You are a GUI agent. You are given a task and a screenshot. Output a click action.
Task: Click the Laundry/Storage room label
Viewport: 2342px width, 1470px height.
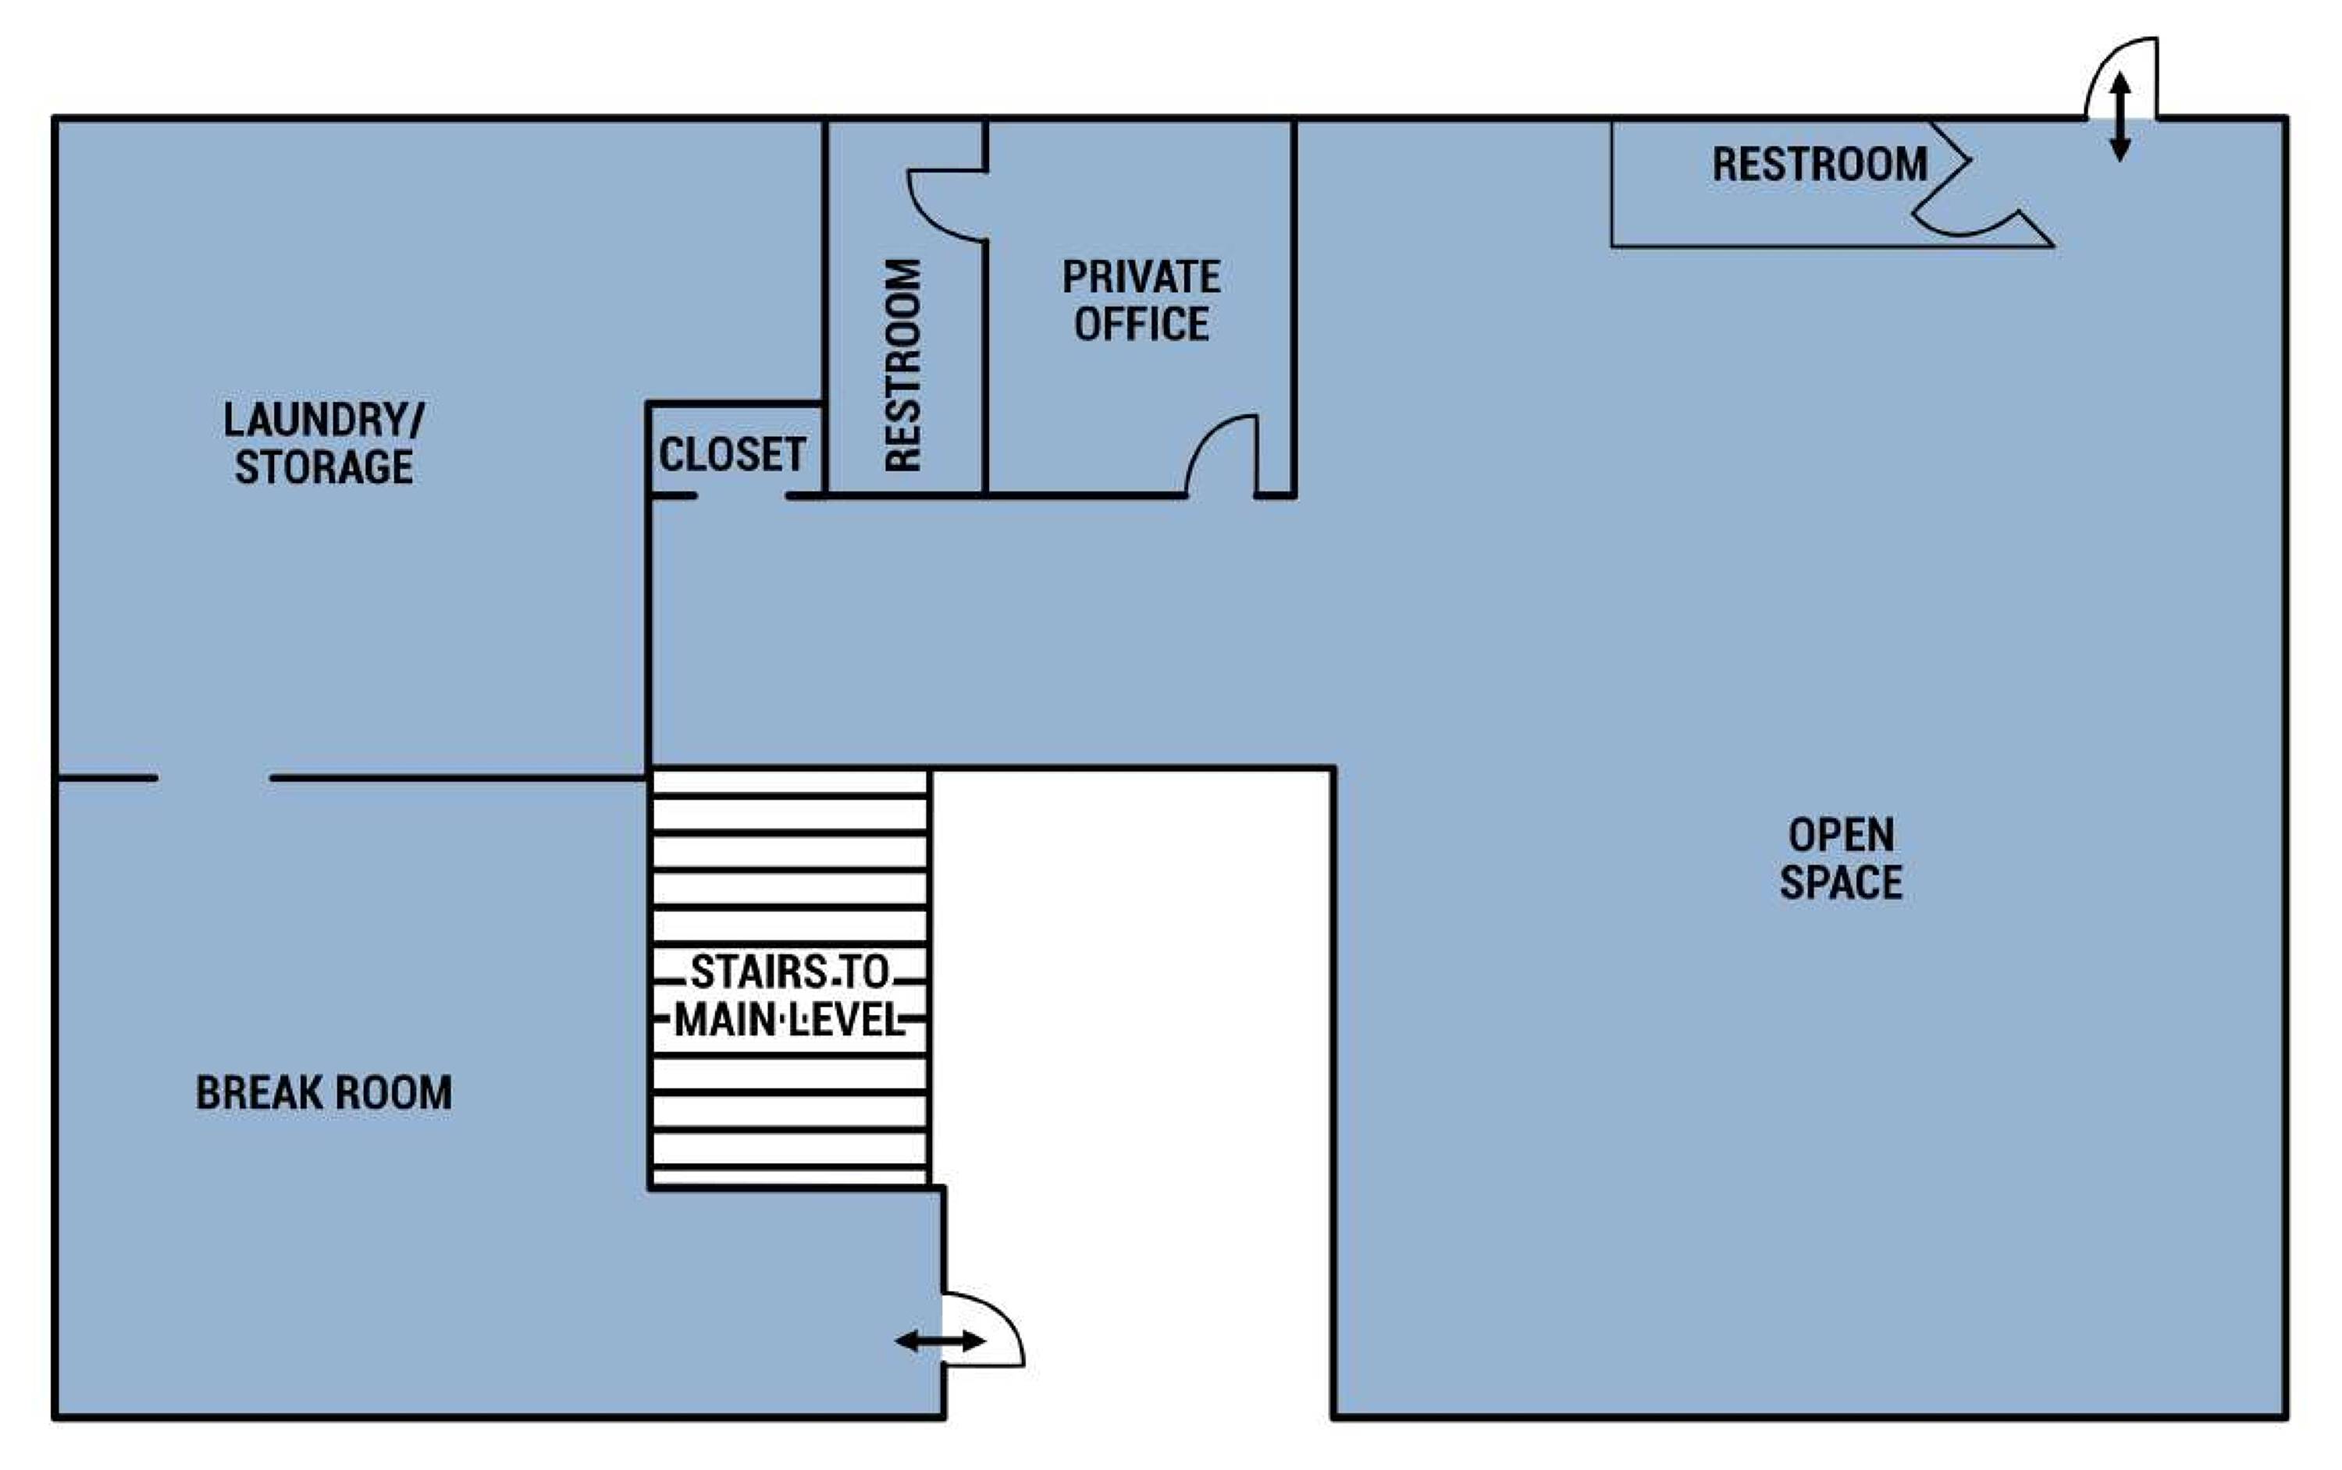point(324,443)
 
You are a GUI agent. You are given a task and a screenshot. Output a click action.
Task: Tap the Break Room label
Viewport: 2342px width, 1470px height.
point(324,1093)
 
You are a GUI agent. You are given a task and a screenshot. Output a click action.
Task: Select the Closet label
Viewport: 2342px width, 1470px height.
point(732,454)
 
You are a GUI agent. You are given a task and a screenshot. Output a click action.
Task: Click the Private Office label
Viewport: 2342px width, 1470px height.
point(1141,300)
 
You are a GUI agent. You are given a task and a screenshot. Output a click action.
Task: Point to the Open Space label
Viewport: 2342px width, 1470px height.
point(1841,859)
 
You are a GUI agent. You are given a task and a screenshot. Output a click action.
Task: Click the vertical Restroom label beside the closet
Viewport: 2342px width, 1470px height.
point(903,366)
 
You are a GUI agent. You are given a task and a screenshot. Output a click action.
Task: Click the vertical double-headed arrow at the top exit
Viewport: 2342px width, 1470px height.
point(2120,117)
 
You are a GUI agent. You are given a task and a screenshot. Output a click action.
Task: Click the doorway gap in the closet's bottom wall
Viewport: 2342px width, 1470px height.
point(741,495)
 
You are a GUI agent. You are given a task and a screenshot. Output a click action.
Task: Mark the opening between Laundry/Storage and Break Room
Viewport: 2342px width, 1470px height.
point(213,778)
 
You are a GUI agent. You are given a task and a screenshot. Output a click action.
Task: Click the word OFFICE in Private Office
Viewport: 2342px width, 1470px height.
point(1141,324)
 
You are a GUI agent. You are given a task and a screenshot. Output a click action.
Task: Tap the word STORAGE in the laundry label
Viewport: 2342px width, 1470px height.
point(324,467)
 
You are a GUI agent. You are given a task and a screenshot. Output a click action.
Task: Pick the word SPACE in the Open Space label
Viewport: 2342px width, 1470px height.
point(1841,882)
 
